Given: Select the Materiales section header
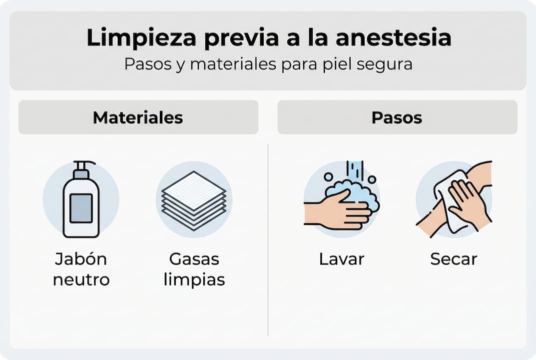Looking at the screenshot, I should point(138,117).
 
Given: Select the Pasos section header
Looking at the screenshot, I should point(397,117).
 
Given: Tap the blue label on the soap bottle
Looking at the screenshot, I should point(81,208).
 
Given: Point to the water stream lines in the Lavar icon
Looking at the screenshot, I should point(355,170).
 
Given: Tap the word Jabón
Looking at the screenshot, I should point(81,259).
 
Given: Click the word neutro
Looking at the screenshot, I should point(81,279).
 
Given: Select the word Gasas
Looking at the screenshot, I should point(194,259).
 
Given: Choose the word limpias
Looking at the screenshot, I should point(194,279).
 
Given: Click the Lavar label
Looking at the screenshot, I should point(342,259).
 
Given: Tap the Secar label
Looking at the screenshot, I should point(453,259).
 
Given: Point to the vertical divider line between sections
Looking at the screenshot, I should point(268,240).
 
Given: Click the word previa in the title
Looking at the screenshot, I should point(236,38).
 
